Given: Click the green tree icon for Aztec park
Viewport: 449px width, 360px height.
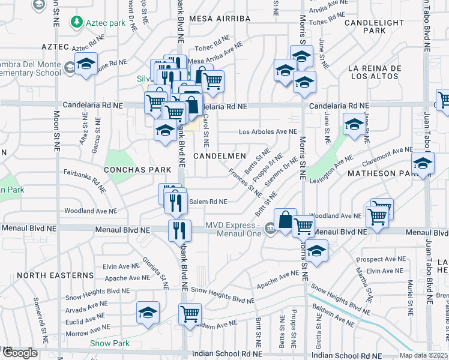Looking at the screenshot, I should pos(77,23).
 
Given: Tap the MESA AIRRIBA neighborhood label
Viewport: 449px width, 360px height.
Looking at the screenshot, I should pos(220,19).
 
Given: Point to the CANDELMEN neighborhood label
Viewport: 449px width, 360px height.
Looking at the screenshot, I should pos(220,156).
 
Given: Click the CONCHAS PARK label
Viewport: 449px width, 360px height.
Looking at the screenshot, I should pos(137,170).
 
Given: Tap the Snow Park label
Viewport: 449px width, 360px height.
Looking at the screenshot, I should pos(110,343).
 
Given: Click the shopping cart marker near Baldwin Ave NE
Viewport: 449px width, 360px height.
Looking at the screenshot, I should pos(190,313).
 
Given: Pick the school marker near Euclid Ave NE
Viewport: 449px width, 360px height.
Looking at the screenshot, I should pos(148,312).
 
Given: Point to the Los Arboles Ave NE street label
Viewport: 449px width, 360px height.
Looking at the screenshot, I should pos(268,131).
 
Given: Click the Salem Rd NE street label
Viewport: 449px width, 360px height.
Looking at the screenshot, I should pos(208,202).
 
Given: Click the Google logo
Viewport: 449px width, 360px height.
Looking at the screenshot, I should pos(20,352).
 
